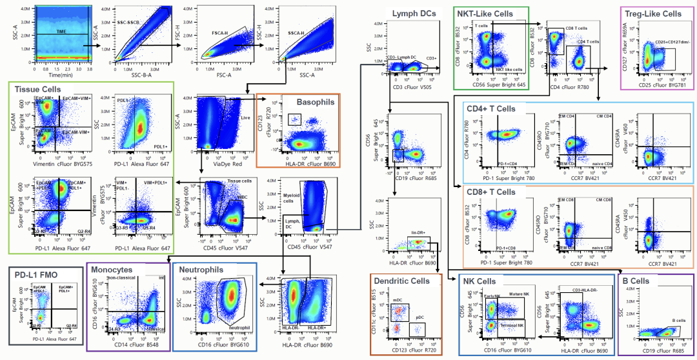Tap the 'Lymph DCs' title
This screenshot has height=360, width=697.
click(x=414, y=13)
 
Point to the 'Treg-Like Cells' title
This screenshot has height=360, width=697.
click(x=653, y=13)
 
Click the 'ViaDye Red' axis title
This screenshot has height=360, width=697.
click(x=220, y=165)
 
